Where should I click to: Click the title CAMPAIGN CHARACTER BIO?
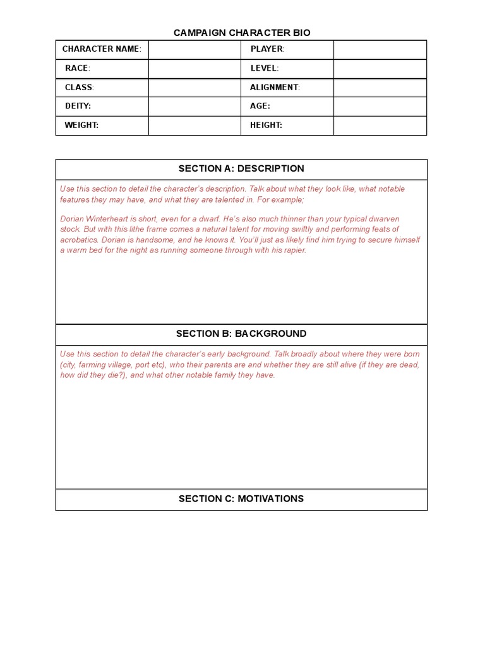(242, 33)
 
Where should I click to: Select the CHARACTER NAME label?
(101, 49)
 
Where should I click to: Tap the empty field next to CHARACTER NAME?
(195, 49)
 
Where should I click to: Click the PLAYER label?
(267, 49)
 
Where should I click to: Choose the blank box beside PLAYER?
(380, 49)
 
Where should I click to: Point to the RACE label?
(77, 68)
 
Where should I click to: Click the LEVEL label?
(264, 68)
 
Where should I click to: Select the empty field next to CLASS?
(195, 87)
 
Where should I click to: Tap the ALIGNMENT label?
(275, 87)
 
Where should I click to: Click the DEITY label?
(78, 106)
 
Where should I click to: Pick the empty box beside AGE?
(380, 106)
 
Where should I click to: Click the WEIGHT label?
(81, 125)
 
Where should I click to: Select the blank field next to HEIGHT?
(380, 125)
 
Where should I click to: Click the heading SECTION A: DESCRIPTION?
(241, 168)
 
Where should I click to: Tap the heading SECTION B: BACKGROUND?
(241, 334)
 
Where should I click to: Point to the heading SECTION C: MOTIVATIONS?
(241, 499)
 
